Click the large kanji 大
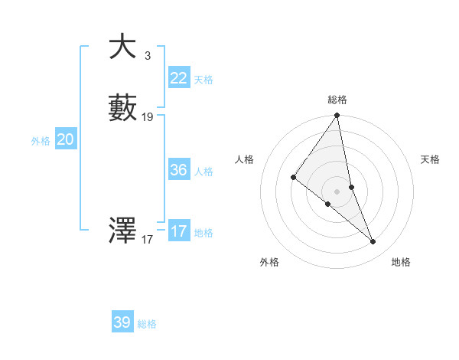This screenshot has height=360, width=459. pyautogui.click(x=122, y=47)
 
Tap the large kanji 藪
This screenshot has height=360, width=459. pyautogui.click(x=122, y=109)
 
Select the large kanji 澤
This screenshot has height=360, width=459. pyautogui.click(x=122, y=230)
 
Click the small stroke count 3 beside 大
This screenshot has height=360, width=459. pyautogui.click(x=147, y=55)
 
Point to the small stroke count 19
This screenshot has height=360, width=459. pyautogui.click(x=148, y=117)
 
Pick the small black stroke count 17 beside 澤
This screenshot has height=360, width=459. pyautogui.click(x=148, y=239)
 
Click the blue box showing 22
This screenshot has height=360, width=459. pyautogui.click(x=178, y=78)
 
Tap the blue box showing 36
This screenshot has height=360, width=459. pyautogui.click(x=178, y=170)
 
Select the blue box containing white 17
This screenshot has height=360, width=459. pyautogui.click(x=178, y=231)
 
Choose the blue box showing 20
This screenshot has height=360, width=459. pyautogui.click(x=66, y=139)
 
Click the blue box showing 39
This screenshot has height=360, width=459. pyautogui.click(x=122, y=322)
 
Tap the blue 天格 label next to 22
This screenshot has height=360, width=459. pyautogui.click(x=203, y=80)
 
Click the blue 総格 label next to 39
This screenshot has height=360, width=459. pyautogui.click(x=148, y=324)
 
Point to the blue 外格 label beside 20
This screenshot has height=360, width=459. pyautogui.click(x=41, y=141)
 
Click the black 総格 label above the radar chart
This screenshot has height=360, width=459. pyautogui.click(x=337, y=100)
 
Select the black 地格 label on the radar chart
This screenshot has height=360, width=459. pyautogui.click(x=401, y=262)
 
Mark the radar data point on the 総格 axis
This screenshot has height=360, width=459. pyautogui.click(x=337, y=115)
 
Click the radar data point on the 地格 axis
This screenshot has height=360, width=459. pyautogui.click(x=373, y=242)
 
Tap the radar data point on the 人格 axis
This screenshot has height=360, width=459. pyautogui.click(x=293, y=177)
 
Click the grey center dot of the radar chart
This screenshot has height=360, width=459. pyautogui.click(x=337, y=191)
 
